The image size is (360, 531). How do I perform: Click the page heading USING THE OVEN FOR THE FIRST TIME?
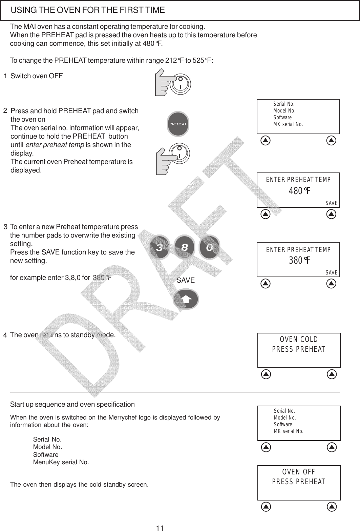click(x=88, y=10)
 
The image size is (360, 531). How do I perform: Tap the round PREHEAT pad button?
click(x=178, y=124)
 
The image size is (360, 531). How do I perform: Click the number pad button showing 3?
click(x=159, y=248)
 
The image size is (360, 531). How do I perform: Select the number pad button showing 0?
click(x=209, y=247)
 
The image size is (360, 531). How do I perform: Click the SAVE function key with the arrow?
click(x=186, y=299)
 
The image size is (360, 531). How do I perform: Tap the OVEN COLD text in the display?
click(x=299, y=340)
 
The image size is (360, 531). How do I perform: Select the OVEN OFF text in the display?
click(x=299, y=472)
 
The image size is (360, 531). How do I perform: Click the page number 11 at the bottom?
click(x=160, y=528)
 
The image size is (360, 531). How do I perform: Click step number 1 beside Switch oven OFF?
click(x=5, y=76)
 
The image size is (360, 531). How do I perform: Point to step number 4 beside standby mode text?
click(x=5, y=335)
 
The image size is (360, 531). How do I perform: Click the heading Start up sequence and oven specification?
click(x=72, y=404)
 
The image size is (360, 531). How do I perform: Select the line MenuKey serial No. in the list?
click(x=61, y=462)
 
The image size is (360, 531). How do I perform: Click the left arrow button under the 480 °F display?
click(x=266, y=214)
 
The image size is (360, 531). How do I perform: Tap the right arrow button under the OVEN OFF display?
click(x=332, y=507)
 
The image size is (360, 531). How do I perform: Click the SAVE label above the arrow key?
click(x=186, y=280)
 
